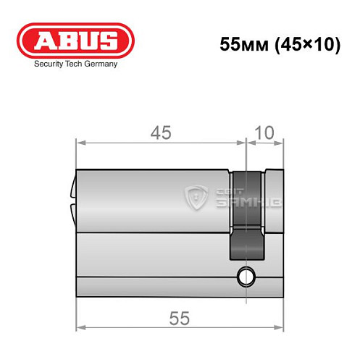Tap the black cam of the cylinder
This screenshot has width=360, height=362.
246,217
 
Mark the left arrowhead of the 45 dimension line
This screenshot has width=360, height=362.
80,143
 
